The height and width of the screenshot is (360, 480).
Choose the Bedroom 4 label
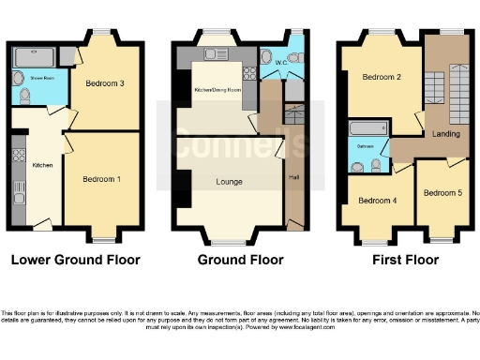coord(377,200)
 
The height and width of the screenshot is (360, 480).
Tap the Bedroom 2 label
coord(382,78)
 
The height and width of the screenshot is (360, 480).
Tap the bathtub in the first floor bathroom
coord(367,128)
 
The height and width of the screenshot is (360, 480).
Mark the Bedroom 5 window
coord(440,228)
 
